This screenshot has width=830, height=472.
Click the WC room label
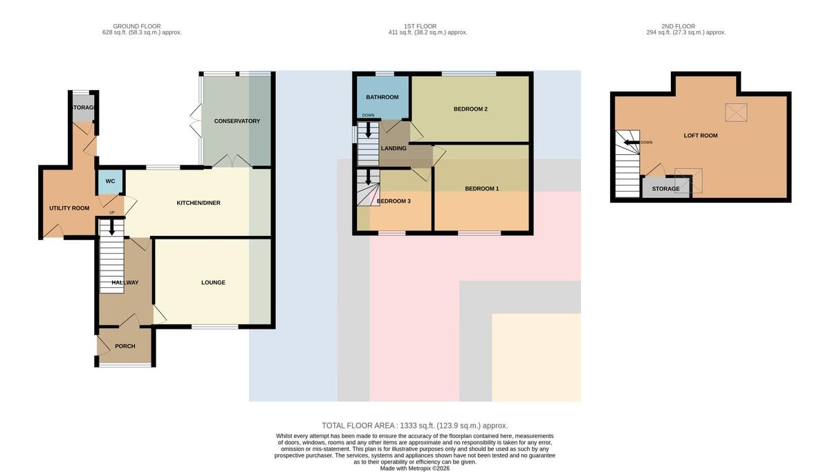[110, 181]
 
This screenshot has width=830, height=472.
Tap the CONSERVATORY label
[237, 121]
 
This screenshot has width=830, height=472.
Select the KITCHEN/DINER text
[199, 203]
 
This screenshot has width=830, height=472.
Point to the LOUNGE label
[213, 282]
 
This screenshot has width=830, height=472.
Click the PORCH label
[125, 346]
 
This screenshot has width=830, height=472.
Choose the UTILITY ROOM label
[69, 208]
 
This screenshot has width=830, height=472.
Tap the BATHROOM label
[382, 97]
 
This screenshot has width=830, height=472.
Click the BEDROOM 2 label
[470, 109]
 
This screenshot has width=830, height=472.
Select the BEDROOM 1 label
[481, 189]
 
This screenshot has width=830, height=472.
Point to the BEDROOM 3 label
[394, 201]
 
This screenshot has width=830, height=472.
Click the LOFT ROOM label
[700, 136]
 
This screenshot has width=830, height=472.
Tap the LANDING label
[394, 148]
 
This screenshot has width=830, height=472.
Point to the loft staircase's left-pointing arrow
[631, 143]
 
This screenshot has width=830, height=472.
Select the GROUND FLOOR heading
[137, 26]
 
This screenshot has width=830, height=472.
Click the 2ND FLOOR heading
[678, 26]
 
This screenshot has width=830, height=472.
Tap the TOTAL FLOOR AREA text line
[414, 426]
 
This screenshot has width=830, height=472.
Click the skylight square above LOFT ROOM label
[736, 112]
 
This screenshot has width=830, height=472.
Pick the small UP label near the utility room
[111, 212]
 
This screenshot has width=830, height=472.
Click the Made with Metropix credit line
[414, 469]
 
